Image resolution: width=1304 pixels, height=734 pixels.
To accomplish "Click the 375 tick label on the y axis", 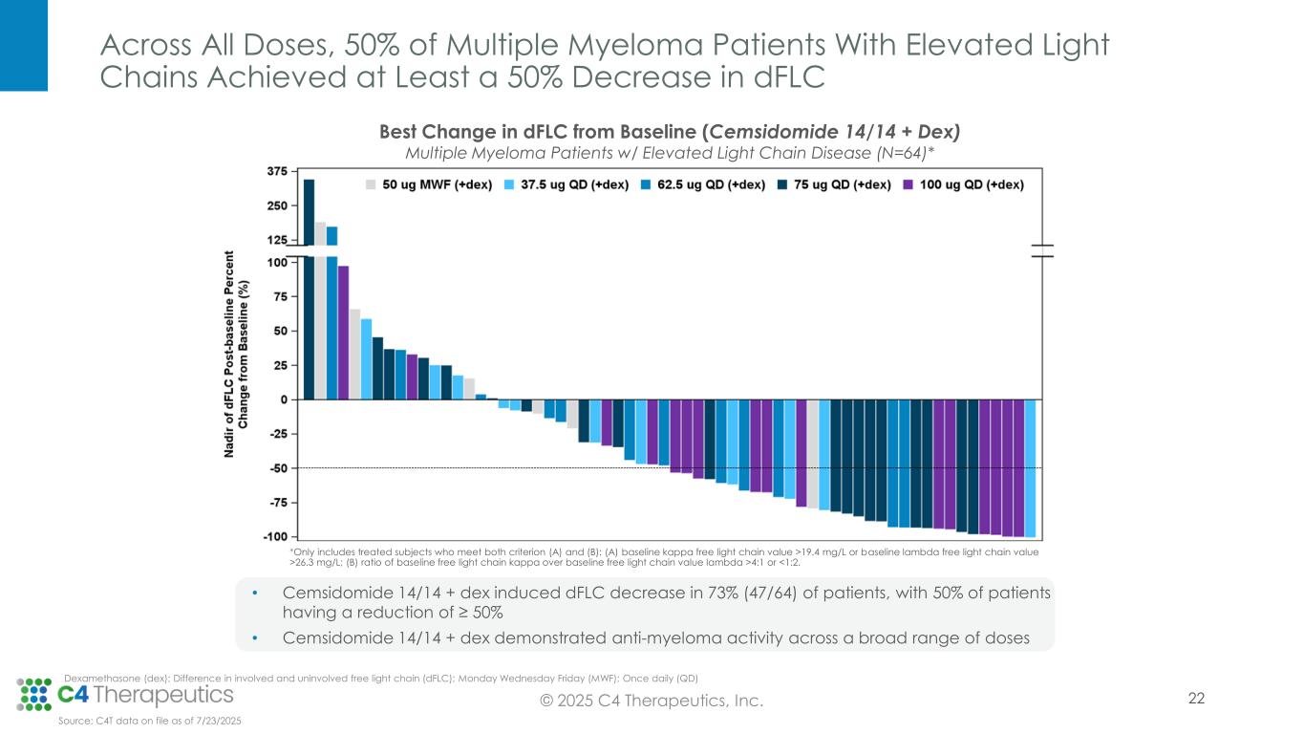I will (x=276, y=172).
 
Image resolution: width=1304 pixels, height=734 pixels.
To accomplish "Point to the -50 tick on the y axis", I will (x=278, y=468).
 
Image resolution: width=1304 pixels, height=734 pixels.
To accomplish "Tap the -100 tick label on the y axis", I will (x=275, y=537).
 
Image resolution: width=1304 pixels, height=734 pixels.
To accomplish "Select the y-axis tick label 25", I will (x=280, y=365).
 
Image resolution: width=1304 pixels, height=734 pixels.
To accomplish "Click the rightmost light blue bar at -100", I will (x=1030, y=468).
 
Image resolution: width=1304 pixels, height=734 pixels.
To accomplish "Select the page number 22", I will (x=1196, y=699).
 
